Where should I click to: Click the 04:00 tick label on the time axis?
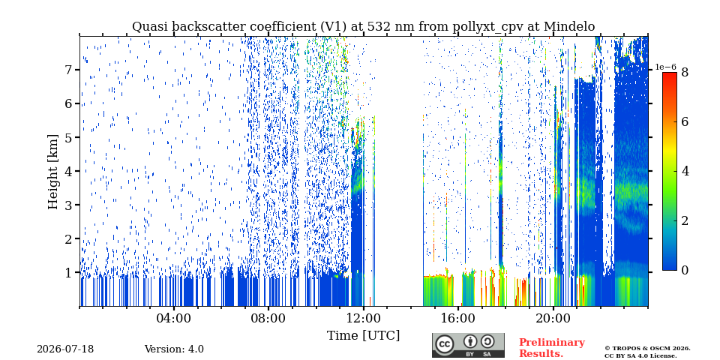coord(174,318)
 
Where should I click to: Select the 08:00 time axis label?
coord(269,318)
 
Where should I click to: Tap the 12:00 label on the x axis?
coord(364,318)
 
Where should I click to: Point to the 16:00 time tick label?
coord(458,318)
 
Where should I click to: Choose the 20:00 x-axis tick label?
coord(553,318)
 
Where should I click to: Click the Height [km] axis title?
coord(53,172)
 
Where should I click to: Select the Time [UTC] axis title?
coord(363,336)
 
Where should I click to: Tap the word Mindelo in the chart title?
coord(569,27)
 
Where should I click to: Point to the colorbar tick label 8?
coord(685,72)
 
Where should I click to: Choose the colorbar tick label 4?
coord(685,171)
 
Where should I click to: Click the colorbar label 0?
coord(685,271)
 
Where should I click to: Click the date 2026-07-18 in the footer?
coord(65,349)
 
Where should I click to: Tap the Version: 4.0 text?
coord(174,349)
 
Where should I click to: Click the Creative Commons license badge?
coord(468,345)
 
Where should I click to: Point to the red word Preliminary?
coord(552,343)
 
